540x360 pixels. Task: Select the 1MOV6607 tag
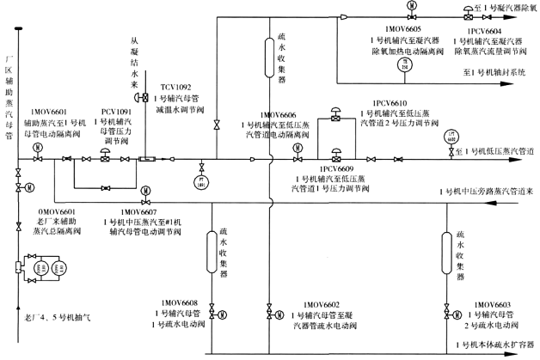click(138, 211)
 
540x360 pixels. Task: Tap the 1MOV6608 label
click(179, 302)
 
